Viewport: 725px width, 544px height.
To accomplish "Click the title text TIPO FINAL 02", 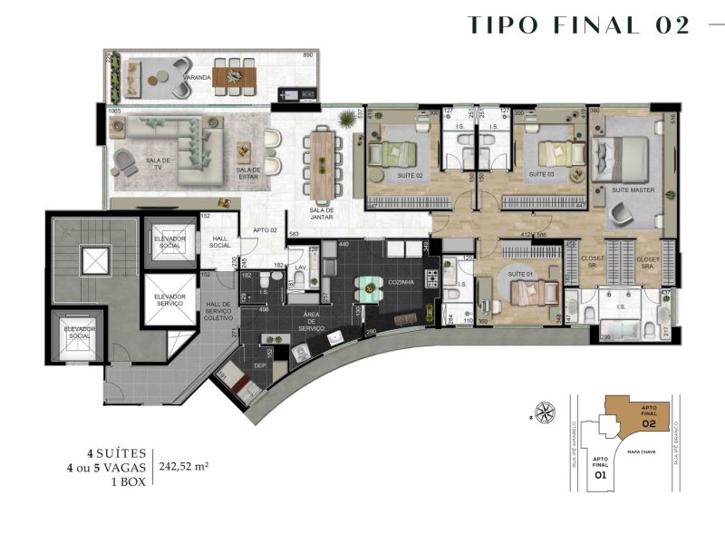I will pyautogui.click(x=578, y=25).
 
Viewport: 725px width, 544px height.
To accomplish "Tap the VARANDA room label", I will pyautogui.click(x=197, y=79).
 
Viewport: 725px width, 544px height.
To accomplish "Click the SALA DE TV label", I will pyautogui.click(x=159, y=163).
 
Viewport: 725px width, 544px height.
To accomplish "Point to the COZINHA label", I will pyautogui.click(x=401, y=283).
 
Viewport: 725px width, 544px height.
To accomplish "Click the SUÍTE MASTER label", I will pyautogui.click(x=633, y=190).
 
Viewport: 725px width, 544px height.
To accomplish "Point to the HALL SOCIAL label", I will pyautogui.click(x=220, y=242).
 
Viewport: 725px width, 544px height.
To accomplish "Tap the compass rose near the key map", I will pyautogui.click(x=545, y=412).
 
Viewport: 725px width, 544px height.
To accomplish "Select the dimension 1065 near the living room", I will pyautogui.click(x=114, y=111).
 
